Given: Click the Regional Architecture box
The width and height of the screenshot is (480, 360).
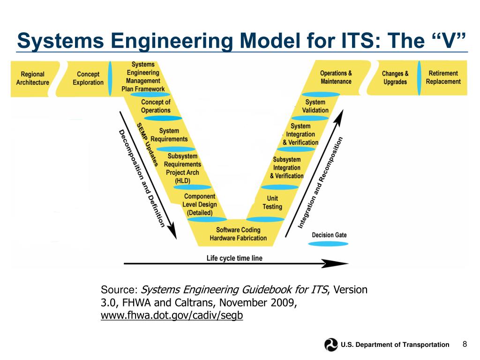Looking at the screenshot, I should pyautogui.click(x=32, y=78).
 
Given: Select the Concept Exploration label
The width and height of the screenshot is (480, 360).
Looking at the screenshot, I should pyautogui.click(x=88, y=78).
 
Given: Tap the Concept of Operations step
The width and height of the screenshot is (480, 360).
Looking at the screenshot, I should pyautogui.click(x=156, y=106).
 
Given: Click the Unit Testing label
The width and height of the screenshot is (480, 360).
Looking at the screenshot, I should pyautogui.click(x=272, y=202).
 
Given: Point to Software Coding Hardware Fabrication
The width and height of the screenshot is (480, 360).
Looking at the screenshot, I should pyautogui.click(x=238, y=234).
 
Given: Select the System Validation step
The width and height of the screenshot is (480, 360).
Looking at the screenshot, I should pyautogui.click(x=315, y=106).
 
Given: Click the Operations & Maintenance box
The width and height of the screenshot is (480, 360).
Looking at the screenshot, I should pyautogui.click(x=336, y=77).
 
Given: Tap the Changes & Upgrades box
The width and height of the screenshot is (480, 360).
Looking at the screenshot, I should pyautogui.click(x=395, y=78).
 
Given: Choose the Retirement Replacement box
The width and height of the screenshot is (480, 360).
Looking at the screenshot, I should pyautogui.click(x=443, y=77).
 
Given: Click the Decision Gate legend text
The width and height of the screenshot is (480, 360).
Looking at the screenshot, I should pyautogui.click(x=330, y=235).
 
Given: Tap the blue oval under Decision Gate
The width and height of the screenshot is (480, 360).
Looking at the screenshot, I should pyautogui.click(x=330, y=244).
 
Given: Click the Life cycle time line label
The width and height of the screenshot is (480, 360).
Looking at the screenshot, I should pyautogui.click(x=234, y=258).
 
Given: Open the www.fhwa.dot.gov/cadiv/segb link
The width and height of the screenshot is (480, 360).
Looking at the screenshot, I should pyautogui.click(x=172, y=315).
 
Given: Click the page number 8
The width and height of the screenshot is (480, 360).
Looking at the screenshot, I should pyautogui.click(x=465, y=345).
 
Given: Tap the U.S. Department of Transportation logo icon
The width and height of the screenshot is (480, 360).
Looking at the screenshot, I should pyautogui.click(x=331, y=345).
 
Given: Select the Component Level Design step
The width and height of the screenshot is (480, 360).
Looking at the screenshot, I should pyautogui.click(x=200, y=204).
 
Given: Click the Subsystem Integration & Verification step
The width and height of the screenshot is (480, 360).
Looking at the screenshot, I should pyautogui.click(x=286, y=168).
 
